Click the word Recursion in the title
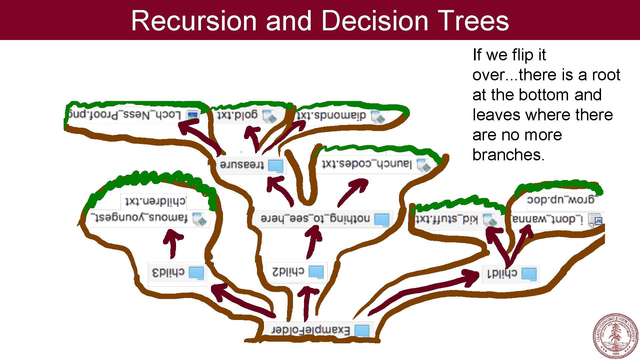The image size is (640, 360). (x=194, y=21)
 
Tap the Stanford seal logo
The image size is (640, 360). (x=616, y=336)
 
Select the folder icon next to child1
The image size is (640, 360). (x=529, y=274)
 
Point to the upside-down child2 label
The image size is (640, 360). (x=288, y=272)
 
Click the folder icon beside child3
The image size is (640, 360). (x=196, y=273)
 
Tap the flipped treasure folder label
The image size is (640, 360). (x=242, y=165)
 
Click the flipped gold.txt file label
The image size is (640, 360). (x=237, y=115)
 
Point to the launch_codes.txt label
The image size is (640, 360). (x=367, y=164)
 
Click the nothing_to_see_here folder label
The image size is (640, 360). (x=315, y=218)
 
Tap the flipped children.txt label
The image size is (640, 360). (x=155, y=201)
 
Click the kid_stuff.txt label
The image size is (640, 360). (x=446, y=219)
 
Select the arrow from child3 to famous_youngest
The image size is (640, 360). (x=172, y=243)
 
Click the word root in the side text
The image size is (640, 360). (x=606, y=75)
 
